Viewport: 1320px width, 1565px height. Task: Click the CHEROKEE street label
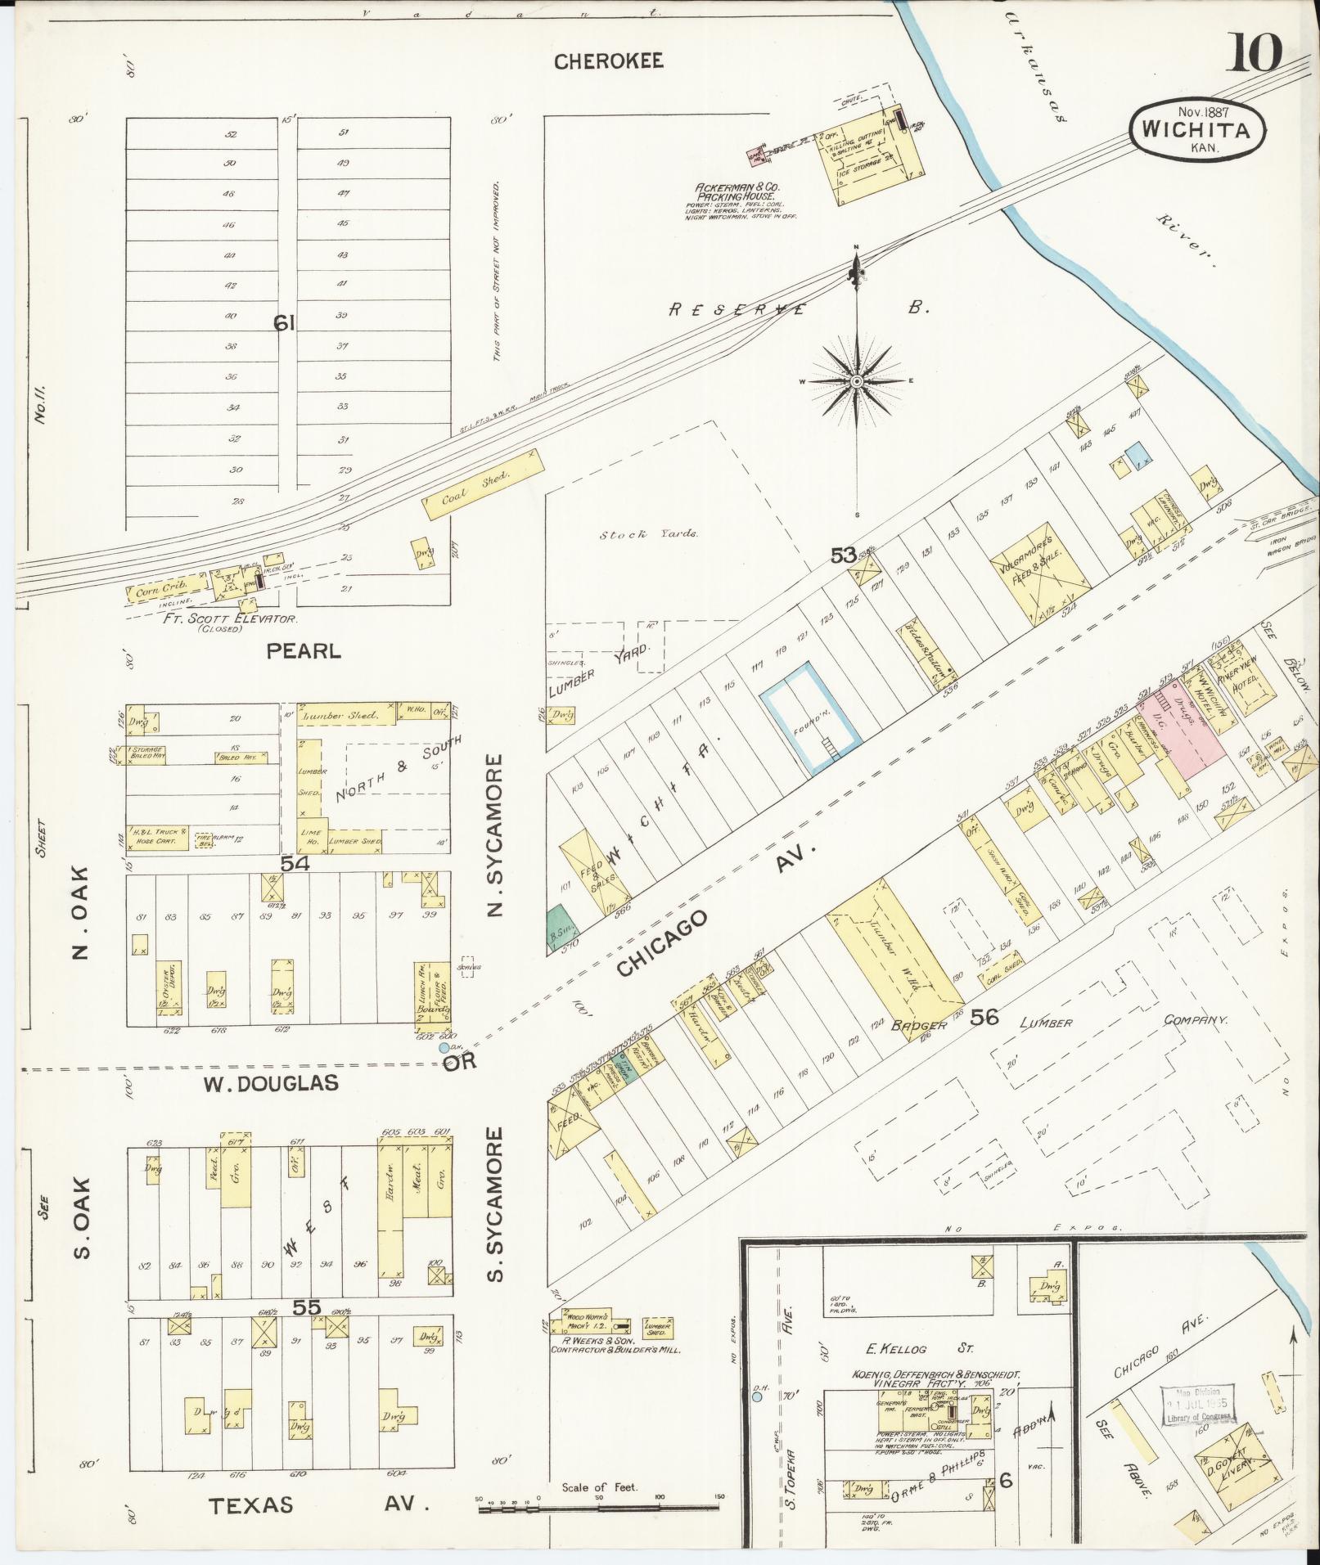click(608, 61)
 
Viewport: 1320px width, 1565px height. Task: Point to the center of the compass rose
click(857, 381)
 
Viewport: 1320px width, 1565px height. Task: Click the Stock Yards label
click(648, 534)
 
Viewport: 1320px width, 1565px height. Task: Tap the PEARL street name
click(303, 651)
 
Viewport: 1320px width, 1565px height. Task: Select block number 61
click(283, 324)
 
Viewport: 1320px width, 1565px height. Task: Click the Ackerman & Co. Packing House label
click(732, 192)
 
